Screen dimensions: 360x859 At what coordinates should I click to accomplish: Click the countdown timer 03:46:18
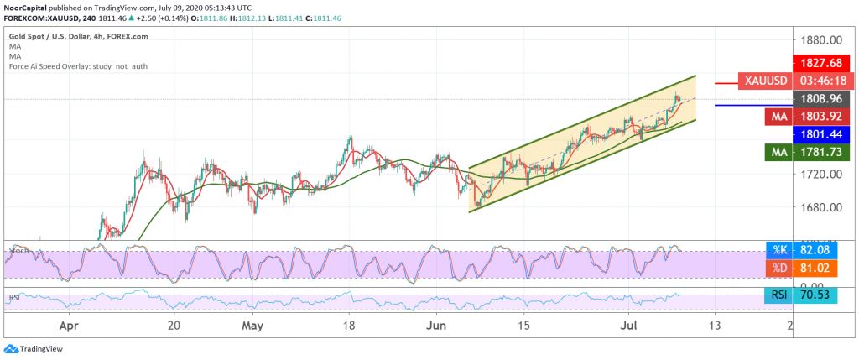point(823,81)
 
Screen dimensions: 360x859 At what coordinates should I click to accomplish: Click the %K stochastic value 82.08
point(823,250)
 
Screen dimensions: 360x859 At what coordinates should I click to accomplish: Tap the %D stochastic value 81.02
point(823,268)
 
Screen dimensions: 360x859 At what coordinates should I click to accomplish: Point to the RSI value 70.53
point(823,295)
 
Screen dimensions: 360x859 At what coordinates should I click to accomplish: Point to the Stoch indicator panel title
point(14,250)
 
